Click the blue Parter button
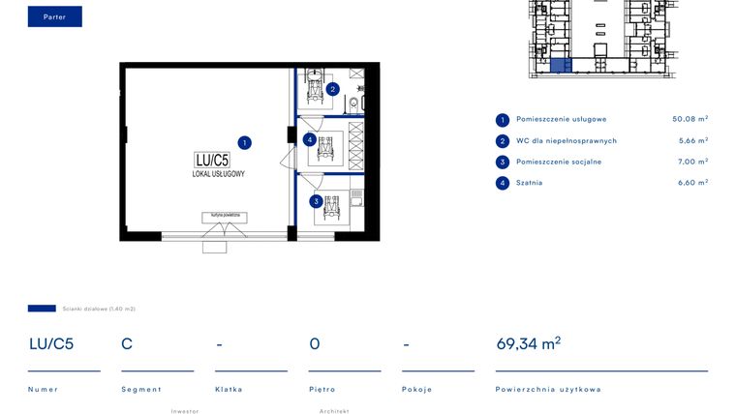(54, 16)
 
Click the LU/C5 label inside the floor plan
(211, 160)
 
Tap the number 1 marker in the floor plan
(245, 142)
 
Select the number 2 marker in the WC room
(332, 89)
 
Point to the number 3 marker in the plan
(316, 201)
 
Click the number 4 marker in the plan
(309, 139)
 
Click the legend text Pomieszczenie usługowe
(561, 120)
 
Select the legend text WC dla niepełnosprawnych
(566, 141)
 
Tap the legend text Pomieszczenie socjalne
(558, 162)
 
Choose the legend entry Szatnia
(529, 183)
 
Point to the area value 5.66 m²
(691, 141)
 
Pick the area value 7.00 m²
(691, 162)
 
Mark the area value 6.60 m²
(691, 183)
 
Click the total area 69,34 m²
(528, 342)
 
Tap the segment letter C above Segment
(127, 343)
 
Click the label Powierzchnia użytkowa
(547, 389)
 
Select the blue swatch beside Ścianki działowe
(42, 309)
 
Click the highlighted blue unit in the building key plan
(556, 66)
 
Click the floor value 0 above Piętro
(315, 343)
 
